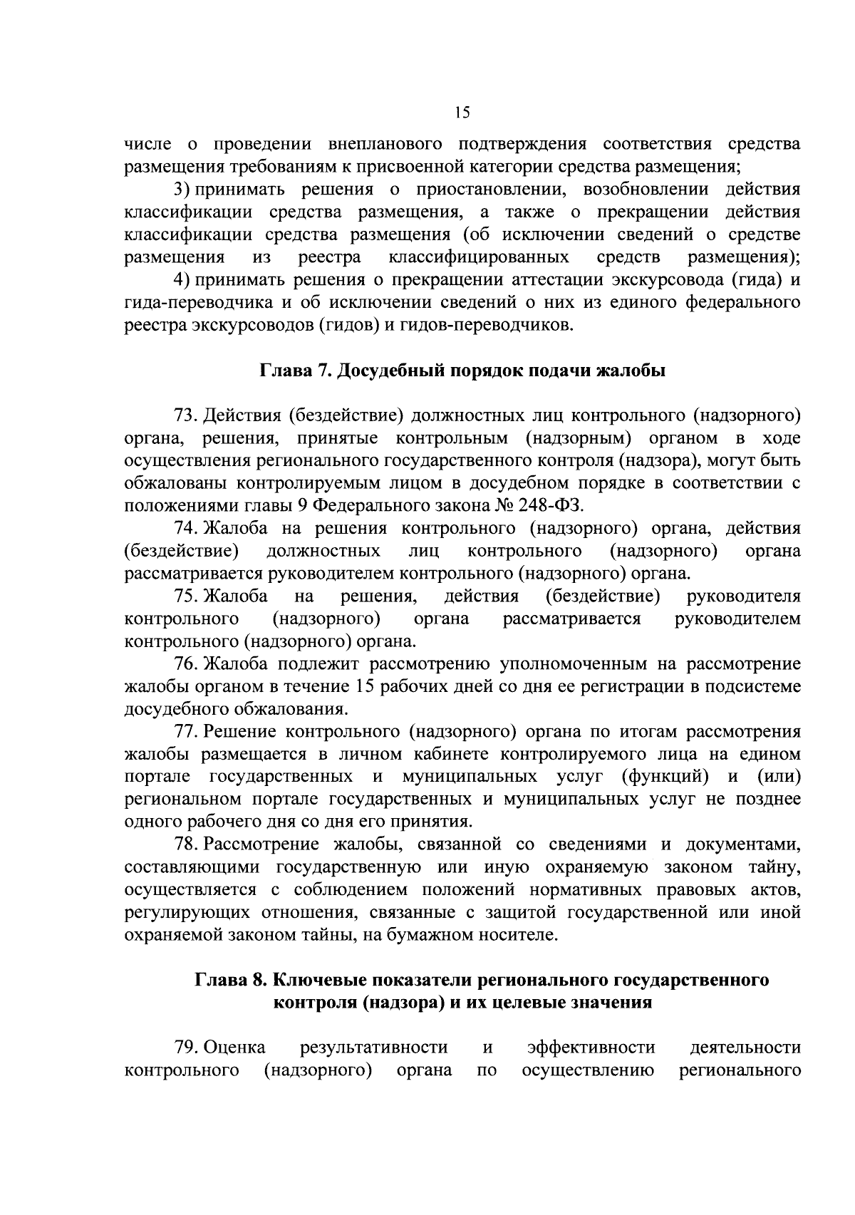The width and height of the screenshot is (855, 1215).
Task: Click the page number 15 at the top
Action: click(462, 113)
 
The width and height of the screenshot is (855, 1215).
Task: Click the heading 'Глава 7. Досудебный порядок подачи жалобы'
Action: click(462, 371)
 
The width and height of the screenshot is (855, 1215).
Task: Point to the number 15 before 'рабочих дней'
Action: click(361, 687)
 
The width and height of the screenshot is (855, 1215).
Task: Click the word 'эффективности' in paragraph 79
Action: click(591, 1048)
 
